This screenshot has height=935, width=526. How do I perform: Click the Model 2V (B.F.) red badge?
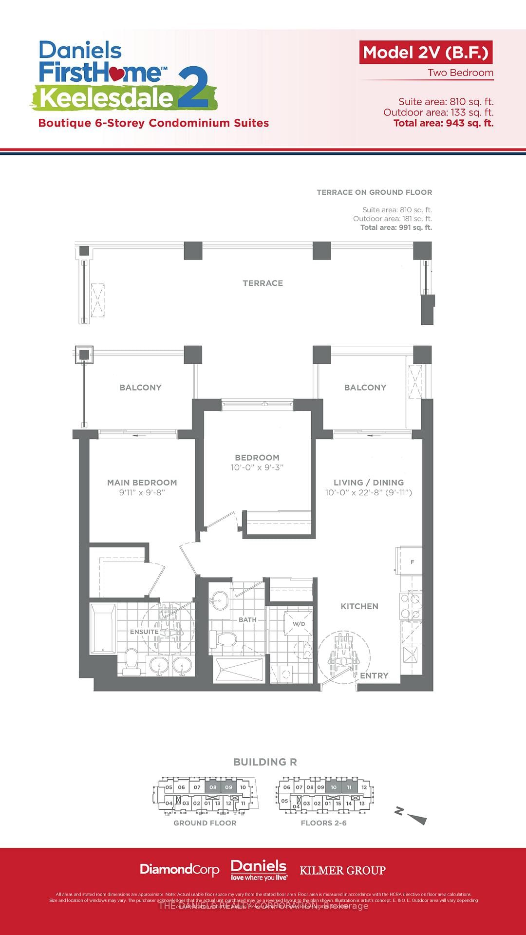pos(426,53)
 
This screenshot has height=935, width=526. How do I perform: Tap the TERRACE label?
pos(263,283)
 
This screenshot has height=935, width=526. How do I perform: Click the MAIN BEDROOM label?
pos(142,483)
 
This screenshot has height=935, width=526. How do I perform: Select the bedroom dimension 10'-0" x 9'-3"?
pos(257,467)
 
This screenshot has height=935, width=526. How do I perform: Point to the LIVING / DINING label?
pos(368,483)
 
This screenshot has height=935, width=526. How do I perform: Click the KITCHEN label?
pos(359,606)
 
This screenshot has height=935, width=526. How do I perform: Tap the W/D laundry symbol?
pos(299,624)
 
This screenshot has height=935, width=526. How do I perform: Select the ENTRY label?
pos(374,675)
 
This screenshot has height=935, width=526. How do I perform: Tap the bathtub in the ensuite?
pos(103,628)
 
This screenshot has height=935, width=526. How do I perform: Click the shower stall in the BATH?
pos(239,669)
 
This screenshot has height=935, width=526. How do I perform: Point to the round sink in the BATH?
pos(220,600)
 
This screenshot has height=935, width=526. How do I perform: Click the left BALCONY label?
pos(140,388)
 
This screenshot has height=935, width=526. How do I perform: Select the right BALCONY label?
pos(365,388)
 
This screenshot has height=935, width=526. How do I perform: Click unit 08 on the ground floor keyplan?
pos(213,787)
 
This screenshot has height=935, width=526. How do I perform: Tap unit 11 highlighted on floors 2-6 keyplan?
pos(349,787)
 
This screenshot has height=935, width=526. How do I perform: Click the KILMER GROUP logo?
pos(342,870)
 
